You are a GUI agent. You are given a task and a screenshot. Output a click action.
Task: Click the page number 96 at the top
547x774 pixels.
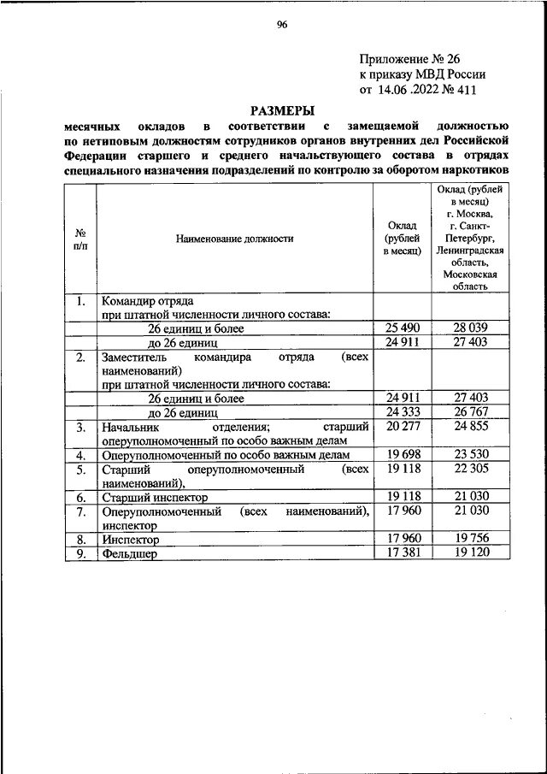[x=281, y=25]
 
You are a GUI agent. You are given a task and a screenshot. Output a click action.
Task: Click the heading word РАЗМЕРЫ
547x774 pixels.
[x=281, y=110]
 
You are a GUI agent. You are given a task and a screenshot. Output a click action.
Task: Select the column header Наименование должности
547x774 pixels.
[x=234, y=239]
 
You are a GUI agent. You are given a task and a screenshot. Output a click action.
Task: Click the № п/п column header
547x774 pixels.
[x=80, y=239]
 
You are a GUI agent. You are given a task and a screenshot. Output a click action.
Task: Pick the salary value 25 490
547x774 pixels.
[x=403, y=328]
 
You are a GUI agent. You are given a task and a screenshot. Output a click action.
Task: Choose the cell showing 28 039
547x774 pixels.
[x=470, y=328]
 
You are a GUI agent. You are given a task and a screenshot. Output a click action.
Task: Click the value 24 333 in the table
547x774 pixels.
[x=403, y=411]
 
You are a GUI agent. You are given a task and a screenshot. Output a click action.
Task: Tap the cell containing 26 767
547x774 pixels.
[x=470, y=411]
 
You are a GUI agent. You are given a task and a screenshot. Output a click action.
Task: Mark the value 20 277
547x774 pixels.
[x=403, y=426]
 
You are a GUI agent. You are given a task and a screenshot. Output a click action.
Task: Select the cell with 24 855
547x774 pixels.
[x=470, y=426]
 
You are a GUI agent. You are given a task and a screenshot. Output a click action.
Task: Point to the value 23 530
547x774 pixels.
[x=470, y=454]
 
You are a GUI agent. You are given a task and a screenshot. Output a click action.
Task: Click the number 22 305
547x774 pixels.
[x=470, y=469]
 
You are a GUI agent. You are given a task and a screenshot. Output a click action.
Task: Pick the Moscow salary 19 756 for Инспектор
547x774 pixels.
[x=470, y=539]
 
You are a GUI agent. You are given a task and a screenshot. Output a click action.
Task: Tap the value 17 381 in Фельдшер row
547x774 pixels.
[x=403, y=552]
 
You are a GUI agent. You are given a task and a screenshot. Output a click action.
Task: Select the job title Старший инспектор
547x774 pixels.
[x=154, y=497]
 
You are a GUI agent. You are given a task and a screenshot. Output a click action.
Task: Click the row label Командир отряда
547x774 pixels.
[x=147, y=301]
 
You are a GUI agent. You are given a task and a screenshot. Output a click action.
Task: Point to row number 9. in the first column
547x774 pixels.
[x=80, y=553]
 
